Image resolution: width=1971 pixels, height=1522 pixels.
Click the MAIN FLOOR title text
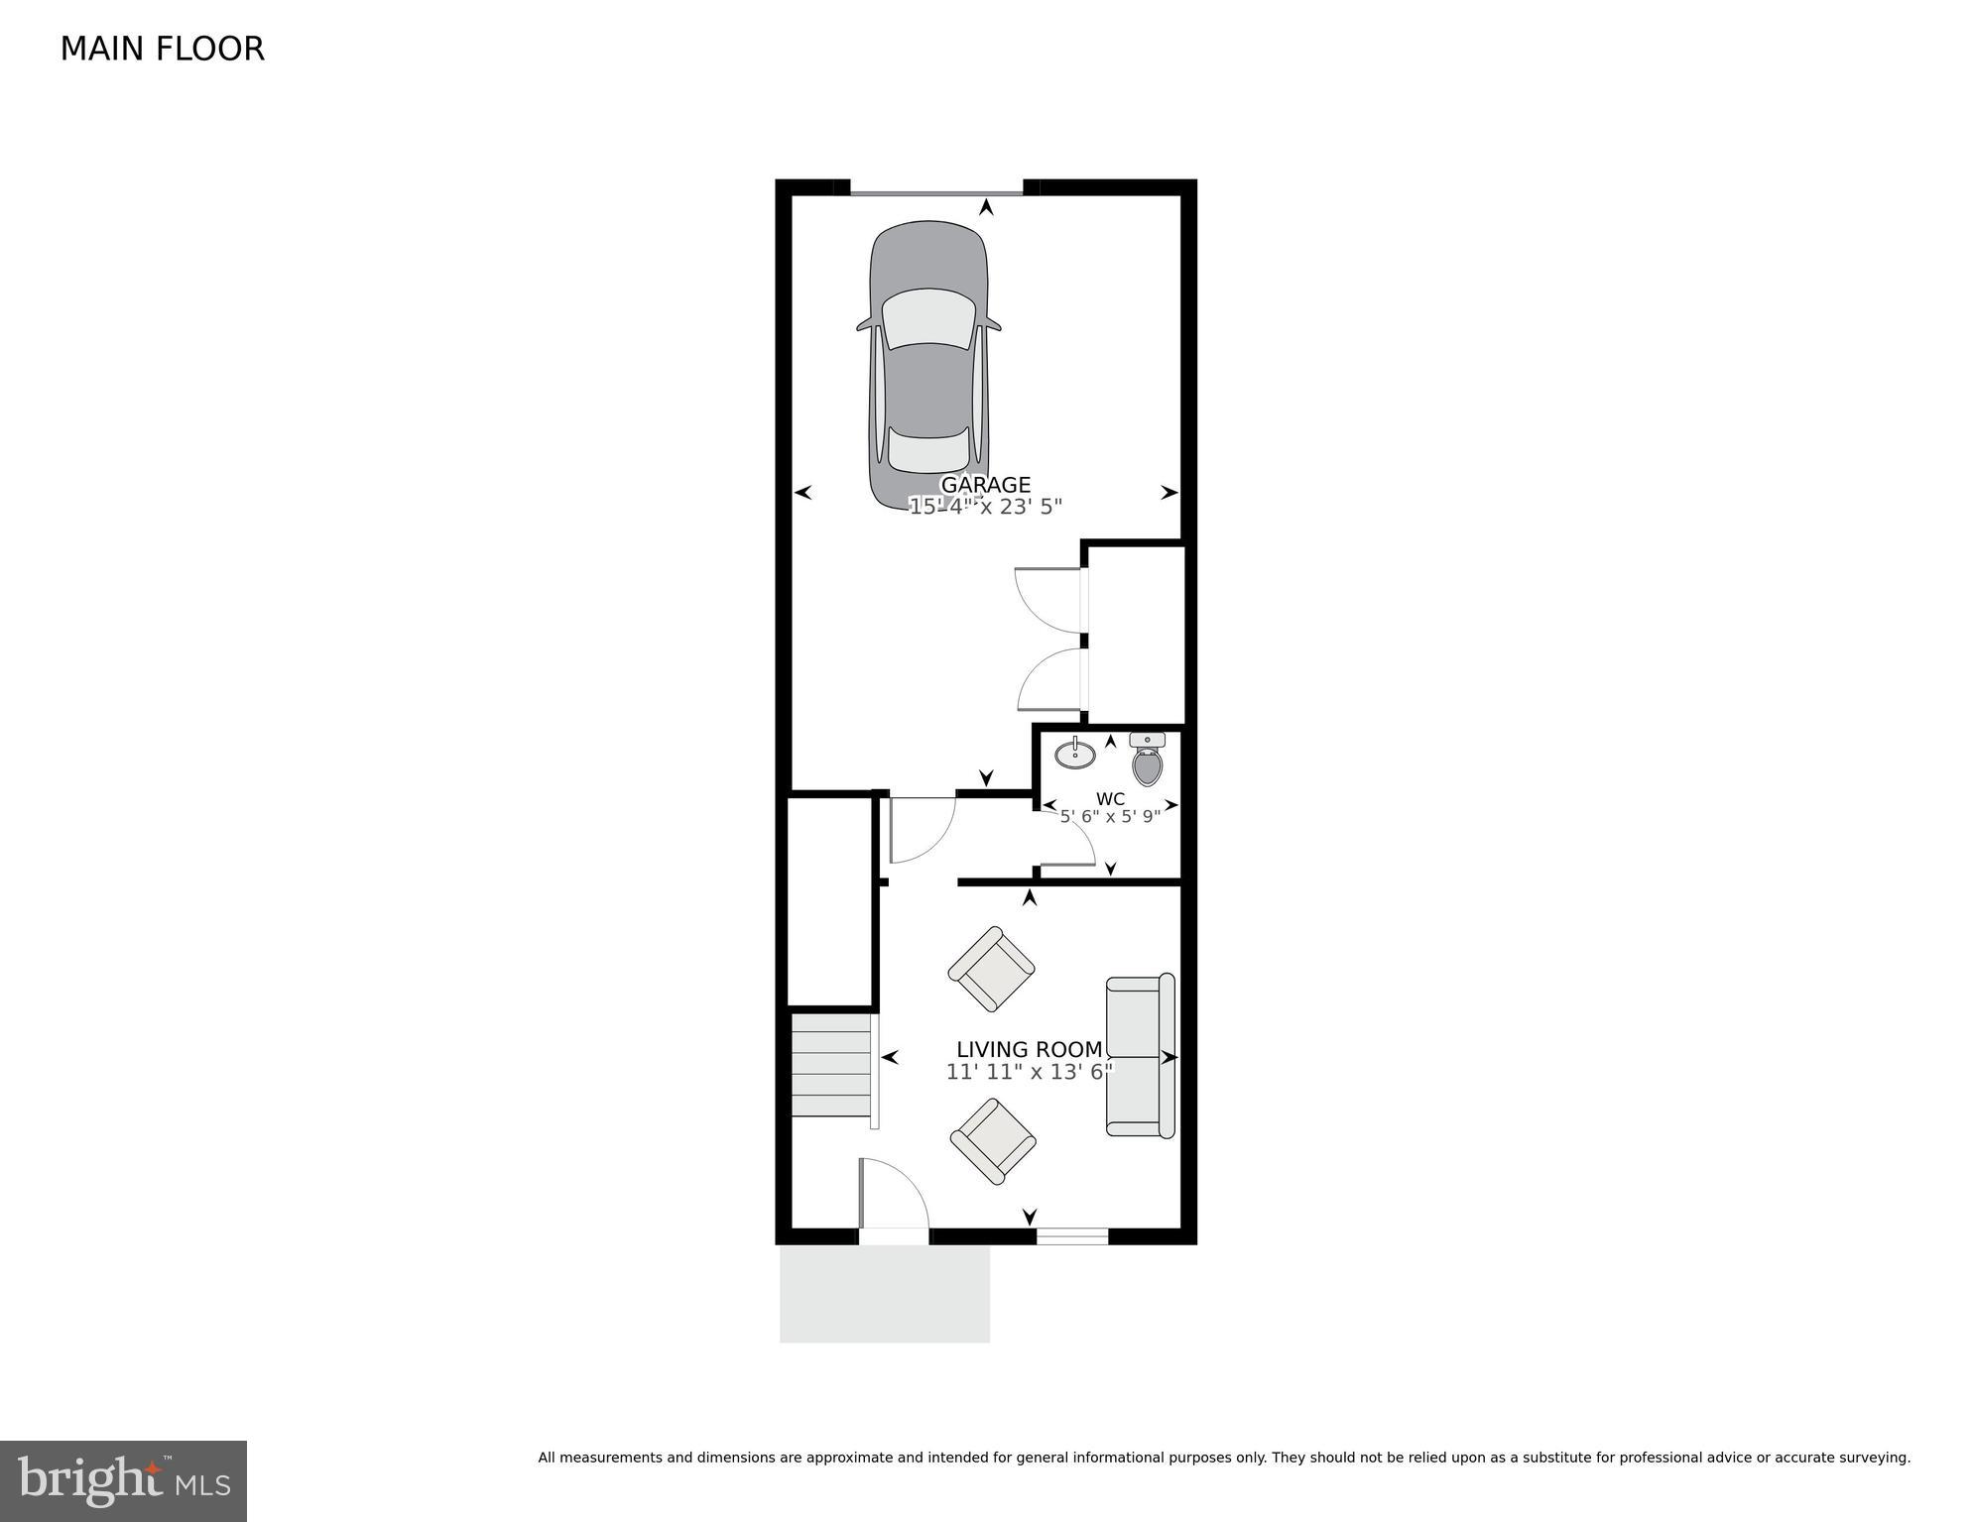[162, 49]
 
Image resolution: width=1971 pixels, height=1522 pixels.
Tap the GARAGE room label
[985, 484]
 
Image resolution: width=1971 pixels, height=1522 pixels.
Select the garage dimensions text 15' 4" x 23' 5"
[985, 507]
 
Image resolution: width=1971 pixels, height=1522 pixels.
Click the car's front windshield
[928, 318]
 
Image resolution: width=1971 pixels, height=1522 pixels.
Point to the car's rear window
[928, 450]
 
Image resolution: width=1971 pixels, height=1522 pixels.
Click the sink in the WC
[1074, 755]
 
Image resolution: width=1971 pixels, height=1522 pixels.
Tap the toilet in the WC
[1147, 761]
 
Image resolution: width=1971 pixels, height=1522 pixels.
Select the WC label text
[1110, 799]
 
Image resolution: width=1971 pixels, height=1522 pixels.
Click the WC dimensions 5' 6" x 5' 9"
[1110, 817]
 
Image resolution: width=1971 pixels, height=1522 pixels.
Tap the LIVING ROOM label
[1029, 1049]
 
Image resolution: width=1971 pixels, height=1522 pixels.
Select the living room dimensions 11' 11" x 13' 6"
[1029, 1072]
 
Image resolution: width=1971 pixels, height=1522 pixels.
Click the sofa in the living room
[1140, 1055]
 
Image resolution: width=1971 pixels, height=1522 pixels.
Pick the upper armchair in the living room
[991, 969]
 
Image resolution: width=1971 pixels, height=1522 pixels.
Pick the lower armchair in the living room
[993, 1140]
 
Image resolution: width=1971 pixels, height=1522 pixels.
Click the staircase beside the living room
[831, 1064]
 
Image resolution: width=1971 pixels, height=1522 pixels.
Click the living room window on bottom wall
[1071, 1235]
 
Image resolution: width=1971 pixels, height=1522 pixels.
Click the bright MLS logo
[123, 1480]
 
